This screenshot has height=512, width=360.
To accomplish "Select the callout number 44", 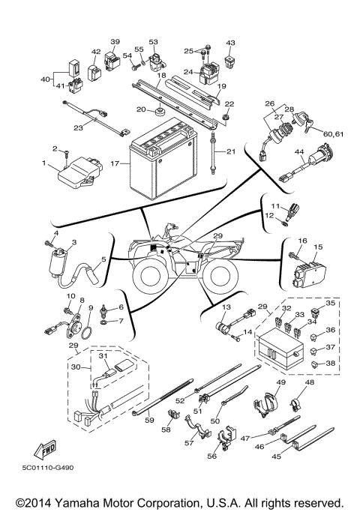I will pos(298,152).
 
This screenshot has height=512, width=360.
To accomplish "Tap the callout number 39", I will pos(115,41).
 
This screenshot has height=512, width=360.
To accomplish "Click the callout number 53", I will pos(154,41).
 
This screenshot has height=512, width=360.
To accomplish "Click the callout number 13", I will pos(224,307).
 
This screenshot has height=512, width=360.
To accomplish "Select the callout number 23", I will pos(77,127).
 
